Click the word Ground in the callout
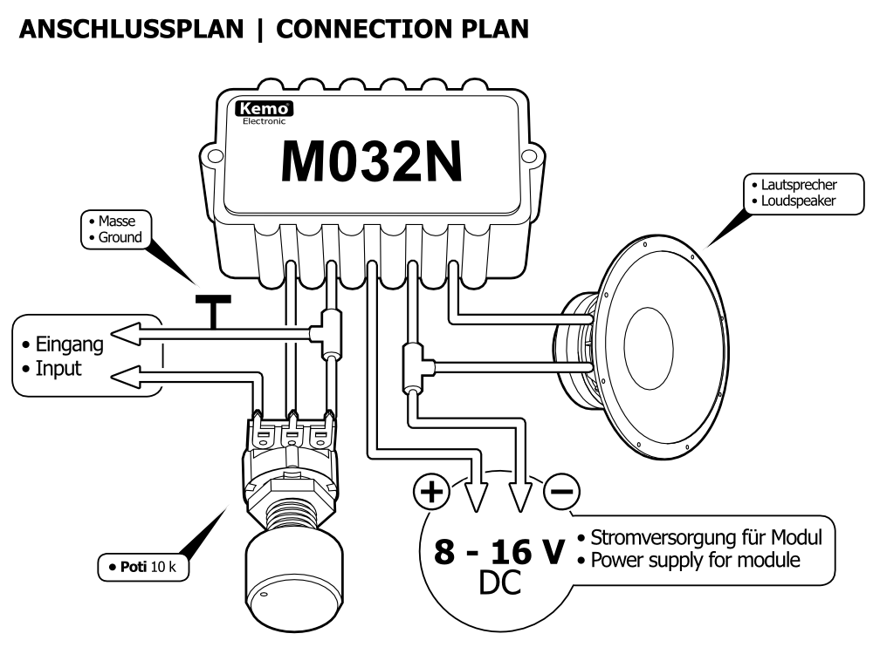pos(119,237)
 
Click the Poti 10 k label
pos(145,568)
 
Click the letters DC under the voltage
pos(498,583)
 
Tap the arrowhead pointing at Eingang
pos(126,331)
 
